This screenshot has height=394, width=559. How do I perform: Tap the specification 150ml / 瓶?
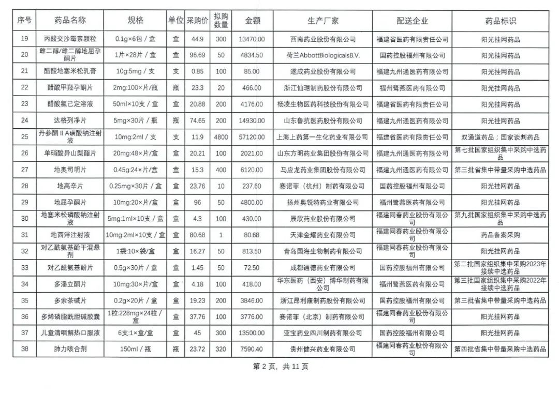coord(135,349)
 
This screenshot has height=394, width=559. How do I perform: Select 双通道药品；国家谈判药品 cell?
coord(500,137)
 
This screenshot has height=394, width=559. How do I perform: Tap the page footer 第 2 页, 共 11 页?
coord(281,367)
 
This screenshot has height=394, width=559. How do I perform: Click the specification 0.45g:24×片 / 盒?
coord(135,170)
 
